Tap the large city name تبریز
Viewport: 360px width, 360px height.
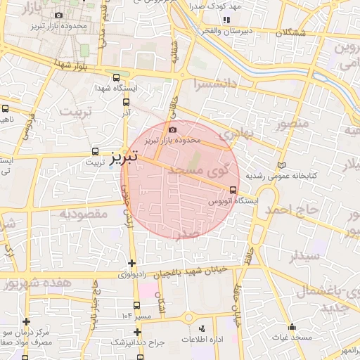124,158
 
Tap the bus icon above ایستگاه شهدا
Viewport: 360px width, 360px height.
116,78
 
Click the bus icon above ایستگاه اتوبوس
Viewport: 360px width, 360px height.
233,190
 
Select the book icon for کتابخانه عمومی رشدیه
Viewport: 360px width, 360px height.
282,163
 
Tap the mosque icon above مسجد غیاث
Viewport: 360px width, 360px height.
292,327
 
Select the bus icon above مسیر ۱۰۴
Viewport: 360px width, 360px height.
137,306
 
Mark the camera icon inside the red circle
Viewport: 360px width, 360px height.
173,129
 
